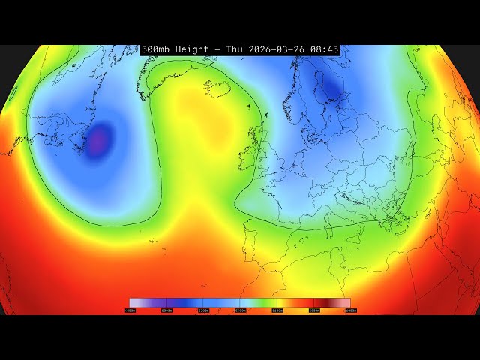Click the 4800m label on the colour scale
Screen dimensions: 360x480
130,310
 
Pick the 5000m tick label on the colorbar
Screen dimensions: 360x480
166,310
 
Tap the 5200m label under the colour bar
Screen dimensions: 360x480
203,310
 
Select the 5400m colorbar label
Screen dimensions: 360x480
240,310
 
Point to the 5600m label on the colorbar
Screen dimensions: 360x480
277,310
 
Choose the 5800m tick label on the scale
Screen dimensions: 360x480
313,310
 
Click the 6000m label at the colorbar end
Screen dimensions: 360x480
349,310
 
